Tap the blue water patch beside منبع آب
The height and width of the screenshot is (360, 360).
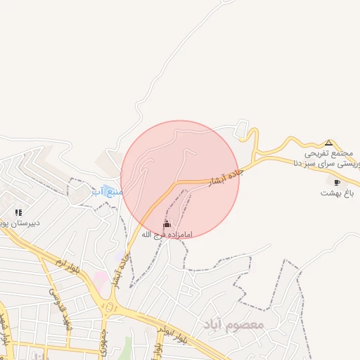coord(97,190)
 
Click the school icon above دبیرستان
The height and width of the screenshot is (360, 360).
coord(18,212)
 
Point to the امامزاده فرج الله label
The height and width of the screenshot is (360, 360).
coord(166,234)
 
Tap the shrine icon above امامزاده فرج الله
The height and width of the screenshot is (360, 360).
coord(167,224)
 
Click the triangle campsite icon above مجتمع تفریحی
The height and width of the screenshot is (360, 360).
coord(328,142)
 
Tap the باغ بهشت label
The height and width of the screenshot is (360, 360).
coord(337,192)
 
